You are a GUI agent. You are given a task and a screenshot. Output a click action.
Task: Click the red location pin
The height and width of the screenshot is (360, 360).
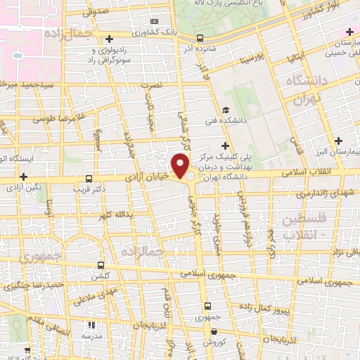(x=182, y=167)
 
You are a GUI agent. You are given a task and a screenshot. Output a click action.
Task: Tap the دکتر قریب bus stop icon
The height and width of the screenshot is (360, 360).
(x=89, y=179)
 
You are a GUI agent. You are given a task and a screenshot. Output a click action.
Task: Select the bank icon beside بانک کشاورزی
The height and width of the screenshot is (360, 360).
(x=154, y=21)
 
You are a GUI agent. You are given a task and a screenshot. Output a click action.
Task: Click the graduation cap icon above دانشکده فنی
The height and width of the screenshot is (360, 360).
(x=226, y=110)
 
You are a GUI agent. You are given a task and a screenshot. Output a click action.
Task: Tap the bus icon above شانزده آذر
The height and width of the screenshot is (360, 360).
(x=200, y=38)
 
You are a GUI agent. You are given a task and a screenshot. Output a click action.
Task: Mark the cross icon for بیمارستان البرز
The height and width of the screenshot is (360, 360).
(x=339, y=141)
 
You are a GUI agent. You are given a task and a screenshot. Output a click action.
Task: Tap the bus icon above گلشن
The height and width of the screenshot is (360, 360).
(x=101, y=266)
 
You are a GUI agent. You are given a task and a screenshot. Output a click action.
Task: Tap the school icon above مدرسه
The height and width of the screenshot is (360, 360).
(x=91, y=325)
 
